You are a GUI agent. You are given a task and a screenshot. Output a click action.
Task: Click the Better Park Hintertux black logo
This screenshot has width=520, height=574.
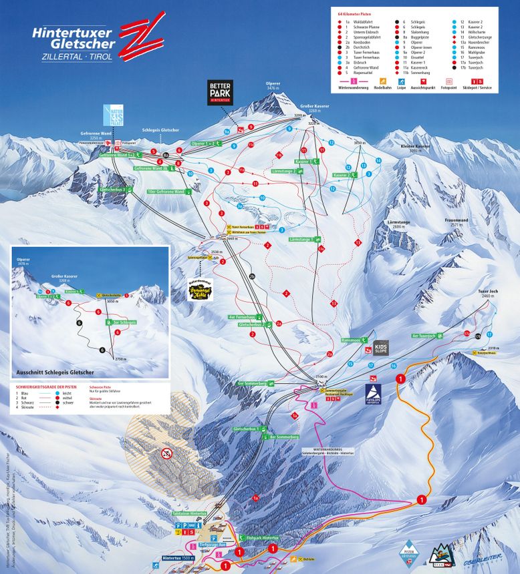(x=219, y=93)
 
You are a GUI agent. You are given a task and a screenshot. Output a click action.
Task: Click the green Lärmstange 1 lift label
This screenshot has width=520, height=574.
(x=305, y=239)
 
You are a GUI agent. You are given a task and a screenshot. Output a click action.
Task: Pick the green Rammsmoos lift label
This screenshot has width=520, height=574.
(x=352, y=340)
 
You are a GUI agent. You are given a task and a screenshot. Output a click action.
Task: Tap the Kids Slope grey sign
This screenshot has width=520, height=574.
(x=380, y=347)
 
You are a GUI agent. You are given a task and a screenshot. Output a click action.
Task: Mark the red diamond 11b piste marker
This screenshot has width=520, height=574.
(x=279, y=155)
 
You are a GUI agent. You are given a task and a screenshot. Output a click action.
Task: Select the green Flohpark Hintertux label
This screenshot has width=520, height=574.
(x=258, y=537)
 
